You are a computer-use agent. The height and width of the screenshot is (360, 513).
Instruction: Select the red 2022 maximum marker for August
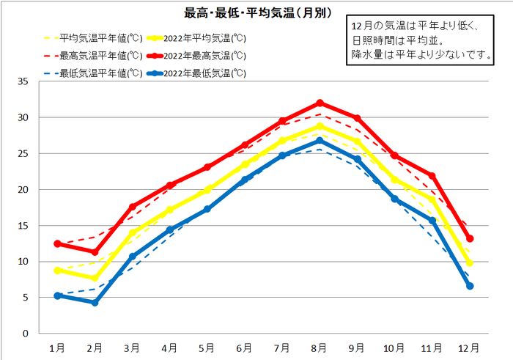[x=320, y=103]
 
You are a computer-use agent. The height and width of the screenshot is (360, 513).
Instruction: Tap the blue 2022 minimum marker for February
[x=95, y=302]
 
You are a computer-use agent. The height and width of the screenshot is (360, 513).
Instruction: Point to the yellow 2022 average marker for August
[x=320, y=126]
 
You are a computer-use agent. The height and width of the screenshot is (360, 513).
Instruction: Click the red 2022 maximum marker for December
[x=470, y=238]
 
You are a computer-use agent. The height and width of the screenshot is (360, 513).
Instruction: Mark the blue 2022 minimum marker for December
[x=470, y=286]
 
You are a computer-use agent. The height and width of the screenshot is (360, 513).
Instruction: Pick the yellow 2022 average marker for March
[x=133, y=233]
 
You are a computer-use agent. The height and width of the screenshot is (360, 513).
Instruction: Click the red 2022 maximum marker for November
[x=432, y=176]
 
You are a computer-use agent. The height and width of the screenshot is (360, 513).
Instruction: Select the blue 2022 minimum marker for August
[x=320, y=141]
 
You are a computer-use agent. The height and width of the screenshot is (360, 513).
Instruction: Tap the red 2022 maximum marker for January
[x=58, y=243]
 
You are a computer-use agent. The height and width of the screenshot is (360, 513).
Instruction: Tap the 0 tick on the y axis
[x=26, y=334]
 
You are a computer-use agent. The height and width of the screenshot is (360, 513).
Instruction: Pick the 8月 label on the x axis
[x=320, y=348]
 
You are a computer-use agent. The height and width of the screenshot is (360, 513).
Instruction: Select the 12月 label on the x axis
[x=470, y=348]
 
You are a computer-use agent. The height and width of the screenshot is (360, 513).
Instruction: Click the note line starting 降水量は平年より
[x=419, y=54]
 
